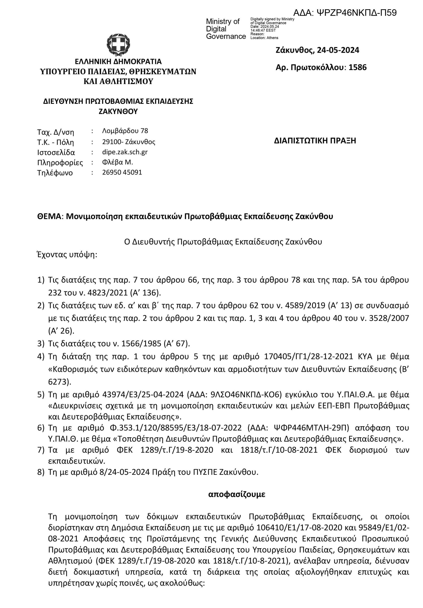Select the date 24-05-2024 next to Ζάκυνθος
[338, 50]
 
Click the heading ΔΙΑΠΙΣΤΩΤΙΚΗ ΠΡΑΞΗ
[315, 141]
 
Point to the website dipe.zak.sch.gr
[125, 152]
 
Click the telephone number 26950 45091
[122, 172]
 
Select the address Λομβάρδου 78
[125, 131]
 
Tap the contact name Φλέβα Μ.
[117, 162]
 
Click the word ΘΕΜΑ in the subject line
[49, 216]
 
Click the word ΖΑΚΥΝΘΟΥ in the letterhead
[118, 111]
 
